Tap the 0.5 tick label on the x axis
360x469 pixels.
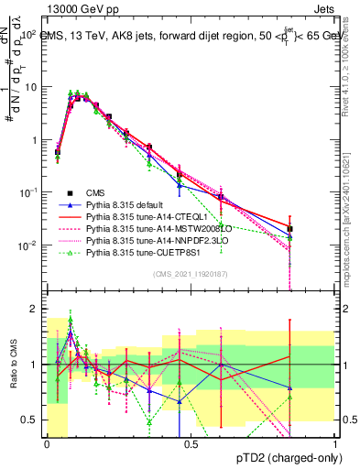191,442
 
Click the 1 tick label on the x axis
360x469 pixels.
334,442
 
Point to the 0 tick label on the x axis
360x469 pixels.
47,442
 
